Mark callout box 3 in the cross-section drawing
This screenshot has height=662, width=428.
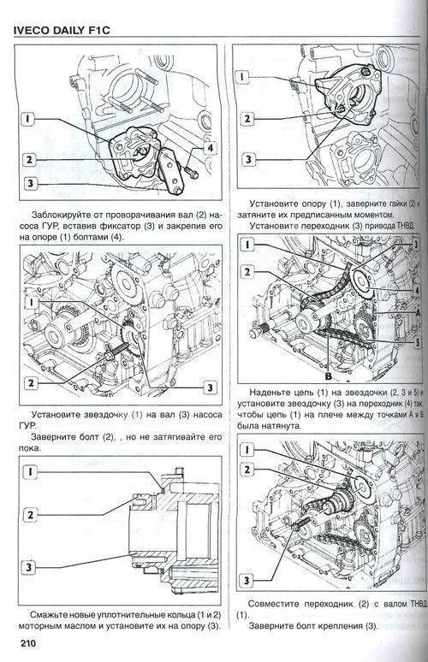31,565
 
